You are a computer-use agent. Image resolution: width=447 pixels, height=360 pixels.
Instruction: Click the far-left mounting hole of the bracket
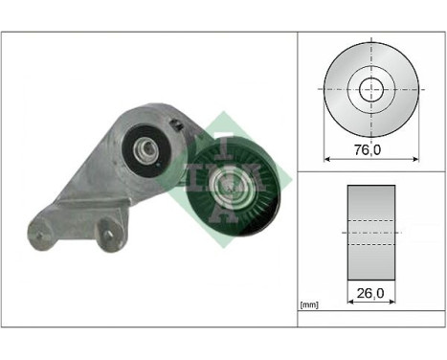38,230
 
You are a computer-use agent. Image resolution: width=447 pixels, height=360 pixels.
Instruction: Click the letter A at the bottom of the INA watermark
225,216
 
